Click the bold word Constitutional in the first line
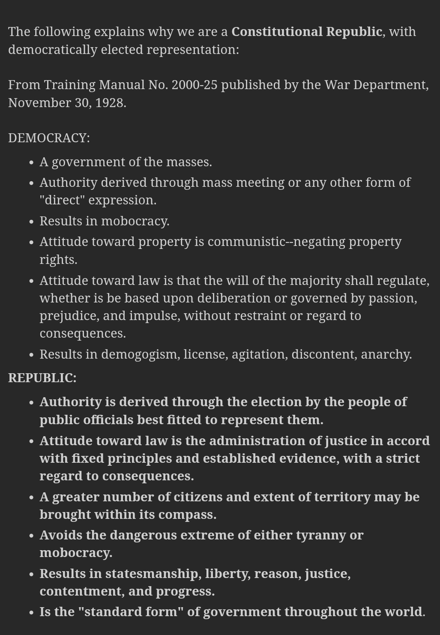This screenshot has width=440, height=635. pos(277,32)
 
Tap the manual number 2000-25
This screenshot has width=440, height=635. pos(194,85)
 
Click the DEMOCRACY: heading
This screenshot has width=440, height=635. pos(49,138)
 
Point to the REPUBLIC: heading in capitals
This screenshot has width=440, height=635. pos(42,378)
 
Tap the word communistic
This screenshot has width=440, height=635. pos(246,242)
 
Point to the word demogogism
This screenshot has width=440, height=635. pos(140,354)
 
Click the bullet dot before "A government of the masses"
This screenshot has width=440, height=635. pos(31,163)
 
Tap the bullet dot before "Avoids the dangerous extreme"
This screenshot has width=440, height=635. pos(31,536)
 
